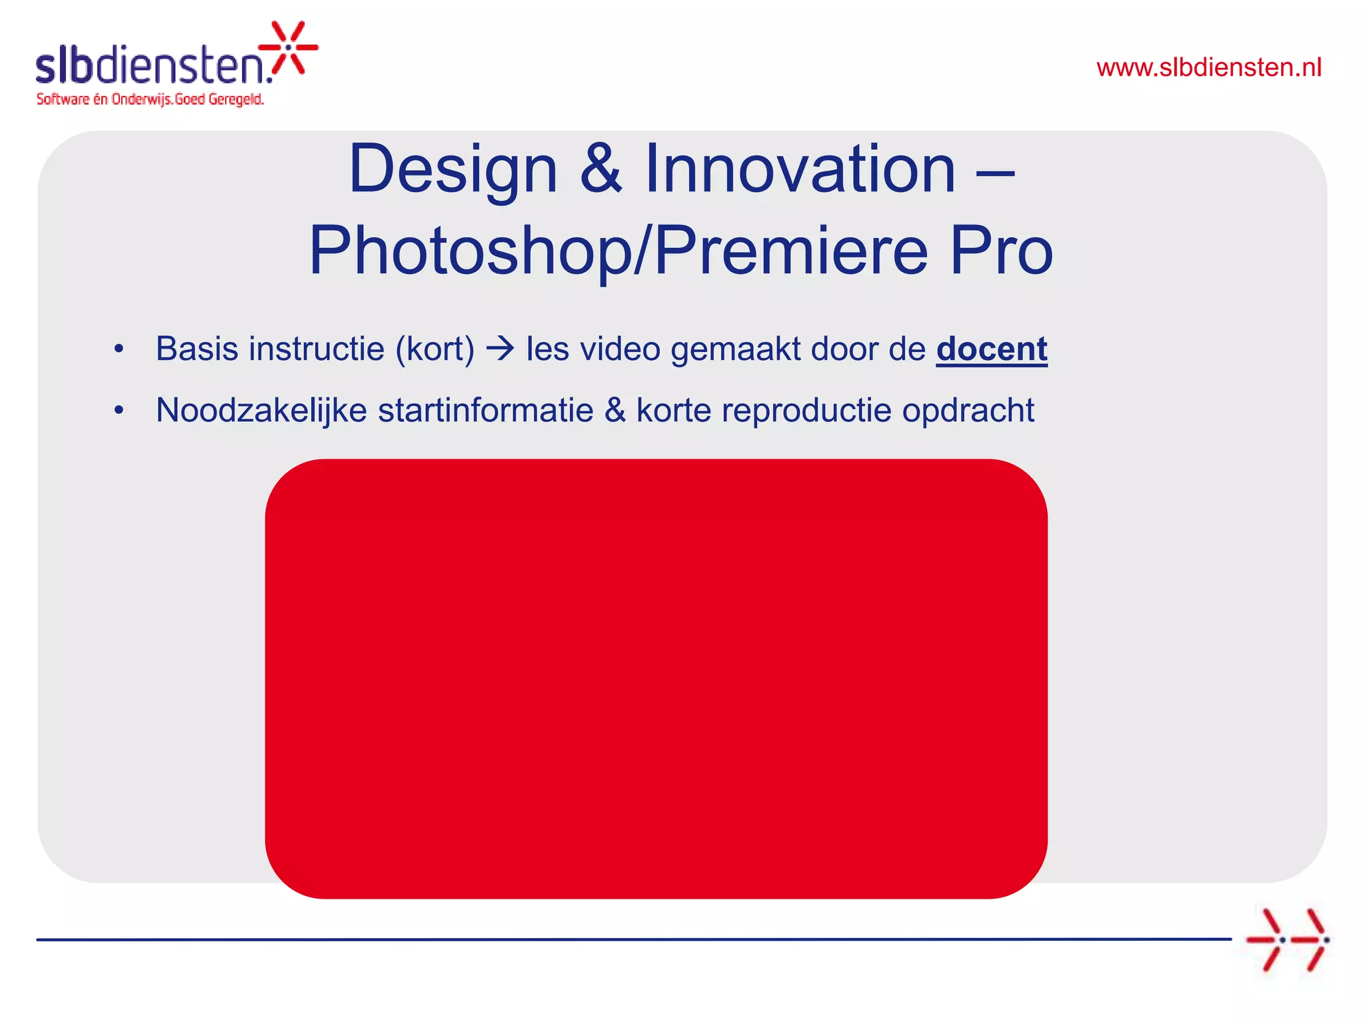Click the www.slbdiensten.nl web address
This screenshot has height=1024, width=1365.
click(x=1208, y=68)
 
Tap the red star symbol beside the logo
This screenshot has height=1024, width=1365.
click(x=289, y=47)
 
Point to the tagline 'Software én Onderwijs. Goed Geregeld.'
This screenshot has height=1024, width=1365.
click(x=150, y=99)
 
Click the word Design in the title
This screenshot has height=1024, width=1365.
click(x=453, y=170)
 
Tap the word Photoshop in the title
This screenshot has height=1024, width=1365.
click(x=470, y=251)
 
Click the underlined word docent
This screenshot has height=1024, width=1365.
click(x=992, y=349)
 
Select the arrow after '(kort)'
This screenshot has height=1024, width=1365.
click(x=500, y=349)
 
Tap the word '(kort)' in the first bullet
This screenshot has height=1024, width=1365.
click(x=435, y=349)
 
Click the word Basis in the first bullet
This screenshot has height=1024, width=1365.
click(x=197, y=349)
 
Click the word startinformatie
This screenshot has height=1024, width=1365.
click(x=485, y=410)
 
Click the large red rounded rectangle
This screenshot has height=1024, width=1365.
click(x=656, y=678)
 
